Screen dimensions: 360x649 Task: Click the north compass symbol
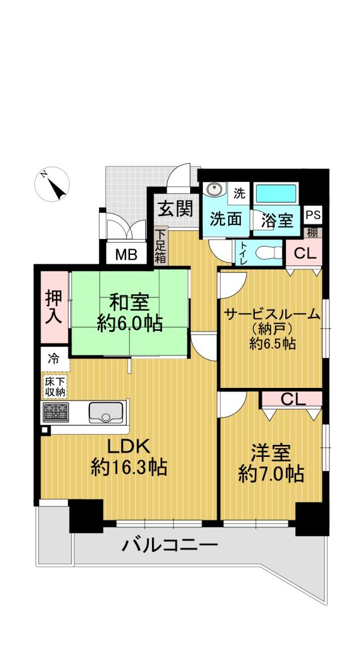coord(52,184)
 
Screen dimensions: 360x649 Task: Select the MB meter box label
coord(125,254)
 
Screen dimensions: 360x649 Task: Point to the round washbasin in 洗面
coord(214,191)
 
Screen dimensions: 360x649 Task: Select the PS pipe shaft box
coord(313,215)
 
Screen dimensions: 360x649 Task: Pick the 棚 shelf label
coord(313,233)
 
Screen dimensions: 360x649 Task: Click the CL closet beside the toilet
coord(304,254)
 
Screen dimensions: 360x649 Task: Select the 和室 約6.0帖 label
coord(129,313)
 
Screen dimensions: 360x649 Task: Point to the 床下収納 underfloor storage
coord(55,386)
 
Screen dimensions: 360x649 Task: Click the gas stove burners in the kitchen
coord(55,412)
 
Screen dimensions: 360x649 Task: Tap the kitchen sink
coord(106,412)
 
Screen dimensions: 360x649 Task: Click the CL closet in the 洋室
coord(292,399)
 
